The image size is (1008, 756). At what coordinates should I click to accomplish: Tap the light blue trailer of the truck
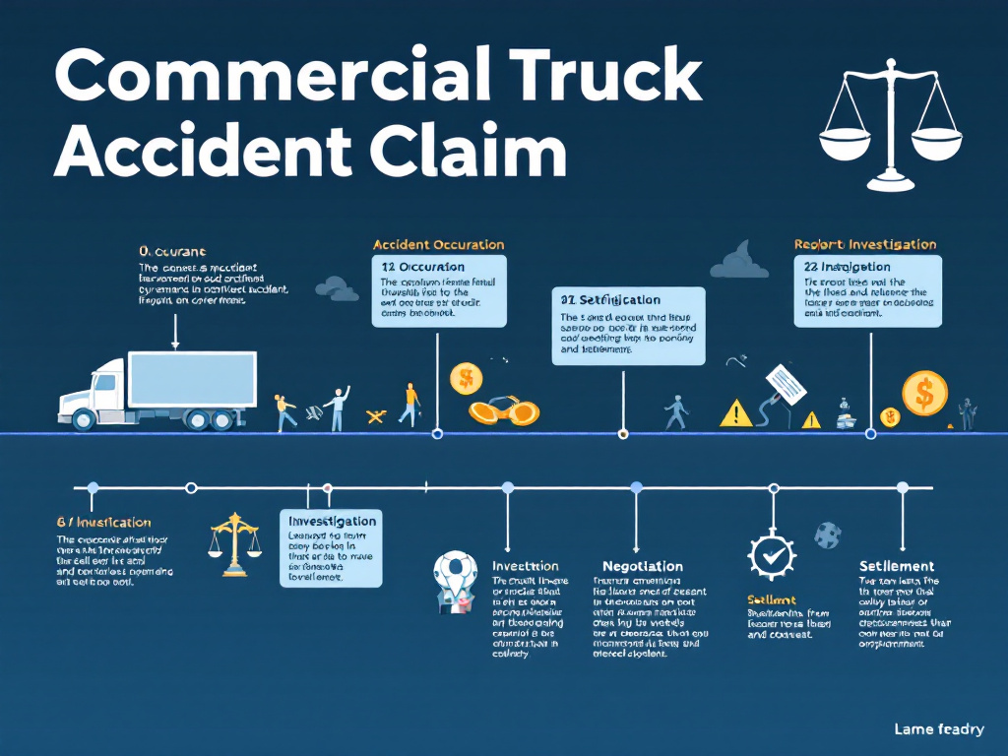point(192,379)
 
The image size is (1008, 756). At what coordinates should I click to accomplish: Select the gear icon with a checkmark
point(772,555)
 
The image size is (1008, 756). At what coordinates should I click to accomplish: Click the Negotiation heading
point(642,566)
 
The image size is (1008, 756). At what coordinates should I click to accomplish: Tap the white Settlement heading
point(896,566)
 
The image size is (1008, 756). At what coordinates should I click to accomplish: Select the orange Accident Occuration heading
point(438,244)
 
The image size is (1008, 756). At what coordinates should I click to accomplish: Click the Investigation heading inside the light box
point(332,521)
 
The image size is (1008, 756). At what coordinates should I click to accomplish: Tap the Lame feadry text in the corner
point(938,729)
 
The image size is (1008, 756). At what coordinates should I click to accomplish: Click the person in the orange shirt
point(409,403)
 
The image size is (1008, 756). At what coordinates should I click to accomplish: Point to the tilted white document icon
point(786,385)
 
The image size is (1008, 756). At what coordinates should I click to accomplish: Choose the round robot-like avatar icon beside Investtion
point(455,581)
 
